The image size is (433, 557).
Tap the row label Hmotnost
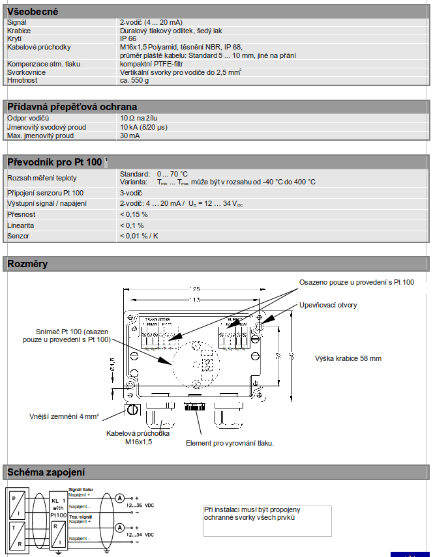click(x=23, y=80)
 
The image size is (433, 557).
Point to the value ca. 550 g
click(x=134, y=80)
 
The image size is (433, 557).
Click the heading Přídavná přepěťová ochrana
click(x=72, y=107)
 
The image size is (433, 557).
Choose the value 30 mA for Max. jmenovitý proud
click(x=130, y=136)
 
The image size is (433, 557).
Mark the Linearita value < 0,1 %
click(x=132, y=225)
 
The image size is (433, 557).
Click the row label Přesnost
click(x=22, y=214)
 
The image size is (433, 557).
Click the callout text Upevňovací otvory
click(x=328, y=305)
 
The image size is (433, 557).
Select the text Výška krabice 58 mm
click(x=348, y=358)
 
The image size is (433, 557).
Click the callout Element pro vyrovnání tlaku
click(x=230, y=443)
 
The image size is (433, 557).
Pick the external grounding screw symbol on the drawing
click(x=132, y=410)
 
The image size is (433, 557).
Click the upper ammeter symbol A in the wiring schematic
click(x=119, y=498)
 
